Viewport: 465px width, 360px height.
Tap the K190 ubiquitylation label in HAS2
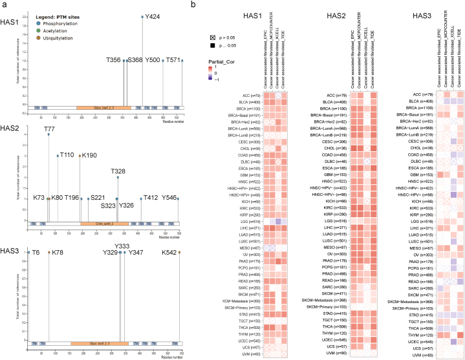pos(89,156)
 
